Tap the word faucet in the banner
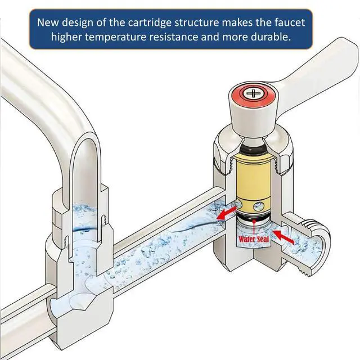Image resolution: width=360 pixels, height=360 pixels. pyautogui.click(x=290, y=22)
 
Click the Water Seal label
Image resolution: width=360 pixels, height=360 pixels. pyautogui.click(x=254, y=239)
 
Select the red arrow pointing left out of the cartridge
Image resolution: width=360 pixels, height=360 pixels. pyautogui.click(x=227, y=213)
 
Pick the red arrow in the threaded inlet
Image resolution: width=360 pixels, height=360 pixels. pyautogui.click(x=283, y=237)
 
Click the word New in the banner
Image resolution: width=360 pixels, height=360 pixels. pyautogui.click(x=48, y=22)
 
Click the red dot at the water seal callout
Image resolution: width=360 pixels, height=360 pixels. pyautogui.click(x=254, y=221)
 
